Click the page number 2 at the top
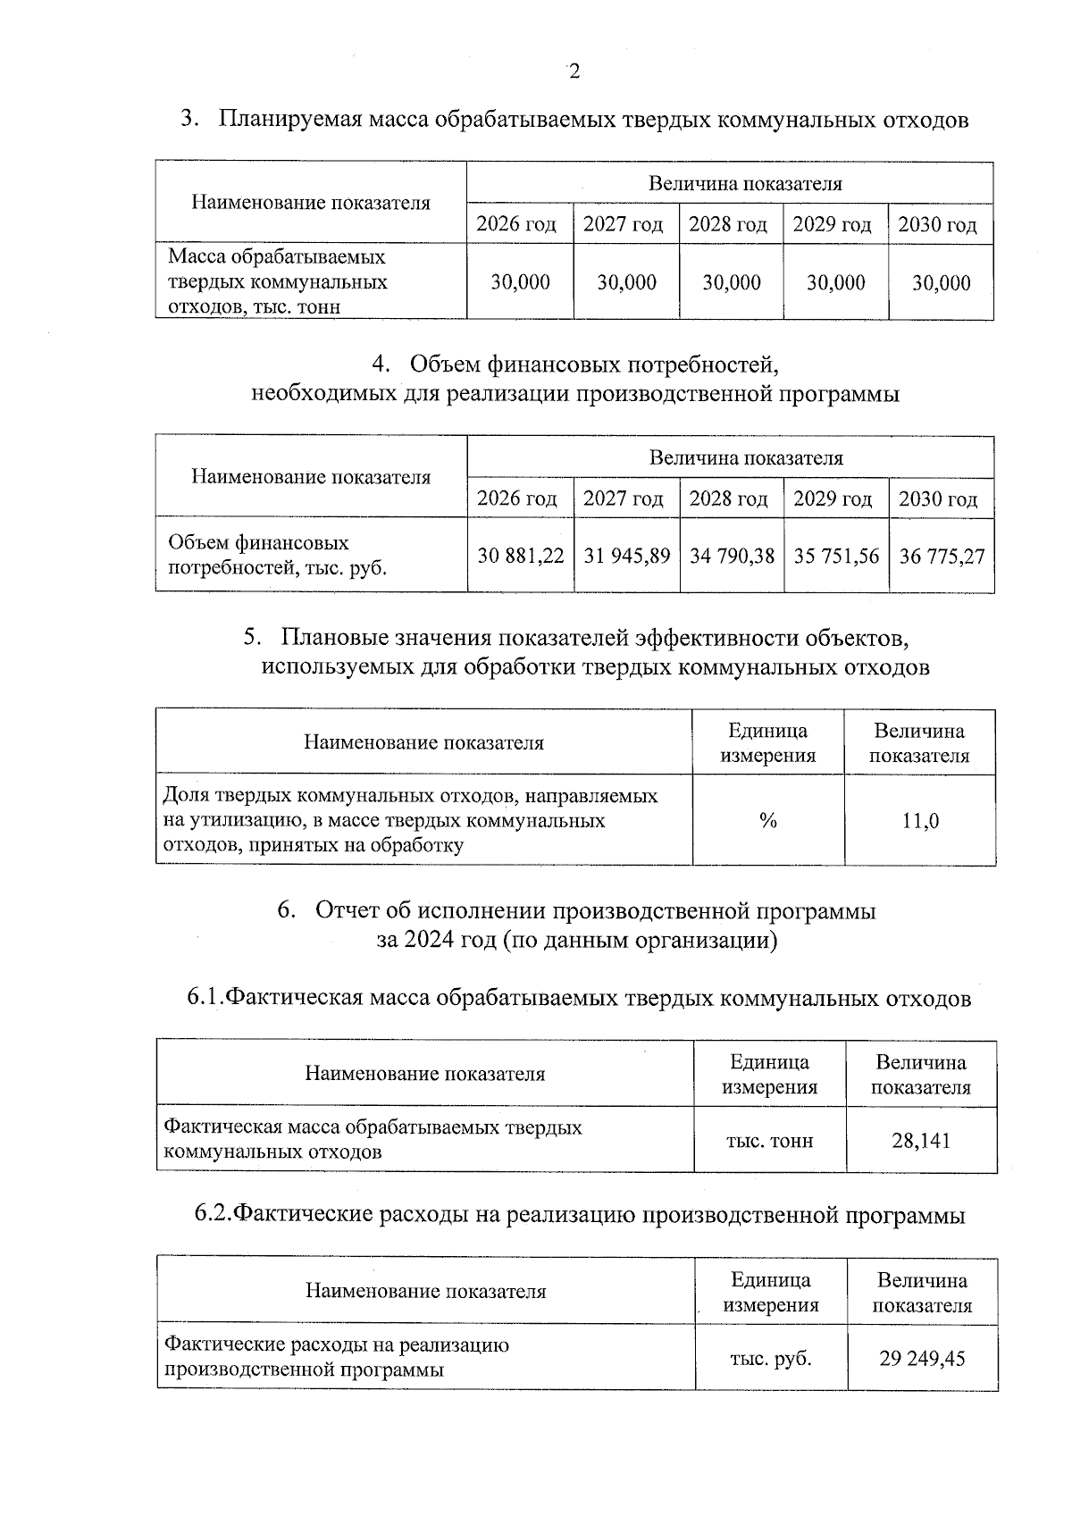click(x=574, y=71)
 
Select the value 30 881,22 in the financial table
click(x=520, y=556)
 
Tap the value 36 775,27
click(x=942, y=556)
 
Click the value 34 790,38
click(x=732, y=556)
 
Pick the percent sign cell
click(x=767, y=820)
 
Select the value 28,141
click(x=920, y=1140)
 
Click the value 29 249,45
click(x=922, y=1358)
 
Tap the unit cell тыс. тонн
click(x=769, y=1140)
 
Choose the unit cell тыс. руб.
click(x=770, y=1358)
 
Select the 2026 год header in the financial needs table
click(x=516, y=498)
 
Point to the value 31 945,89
click(x=626, y=556)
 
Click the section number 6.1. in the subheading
click(x=204, y=998)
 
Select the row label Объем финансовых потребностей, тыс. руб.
click(x=277, y=555)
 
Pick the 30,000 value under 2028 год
click(x=731, y=282)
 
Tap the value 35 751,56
click(x=836, y=556)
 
